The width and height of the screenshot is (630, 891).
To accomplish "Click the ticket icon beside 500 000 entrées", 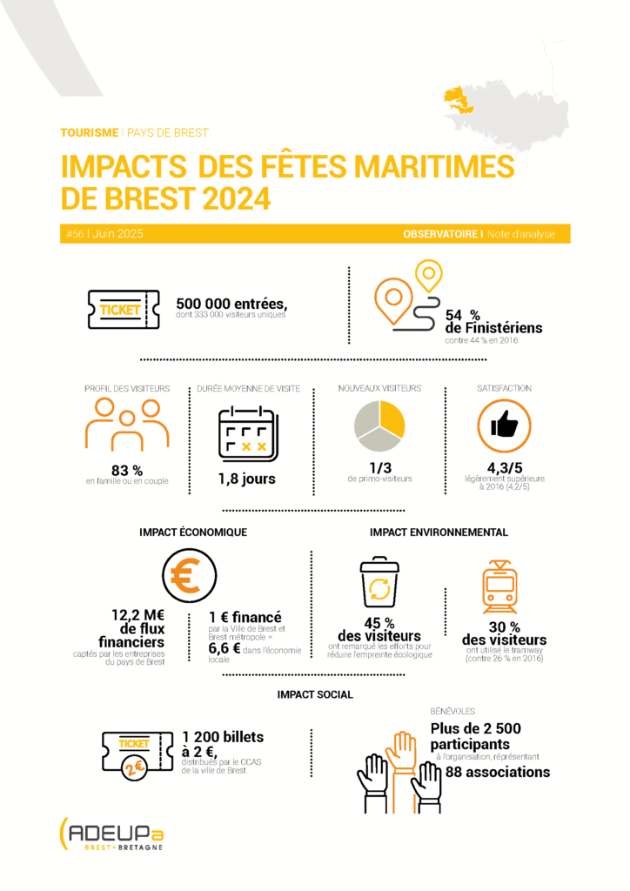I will (x=124, y=310).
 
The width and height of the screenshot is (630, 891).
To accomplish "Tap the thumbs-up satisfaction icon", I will (x=505, y=426).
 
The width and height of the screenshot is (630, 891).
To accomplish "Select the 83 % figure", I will (x=127, y=470).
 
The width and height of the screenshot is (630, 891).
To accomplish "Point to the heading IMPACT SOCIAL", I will (x=315, y=694).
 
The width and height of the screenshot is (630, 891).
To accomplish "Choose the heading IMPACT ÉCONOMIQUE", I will (x=193, y=532).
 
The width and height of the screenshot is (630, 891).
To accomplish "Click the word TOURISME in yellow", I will (x=89, y=133).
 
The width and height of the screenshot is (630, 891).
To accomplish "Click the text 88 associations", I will (x=497, y=772).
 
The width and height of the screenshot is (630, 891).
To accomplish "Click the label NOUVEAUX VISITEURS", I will (x=379, y=388).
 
